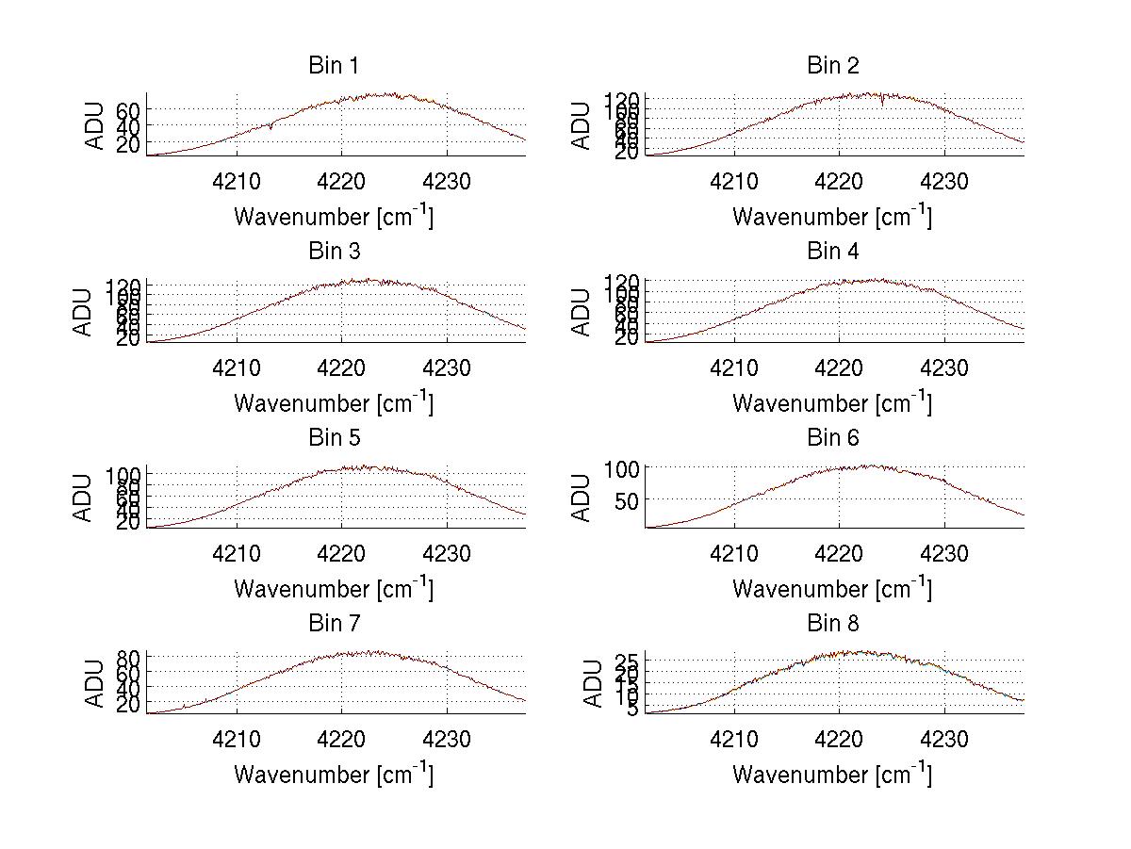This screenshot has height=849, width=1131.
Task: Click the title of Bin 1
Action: [333, 66]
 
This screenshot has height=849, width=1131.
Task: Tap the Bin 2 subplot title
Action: [832, 66]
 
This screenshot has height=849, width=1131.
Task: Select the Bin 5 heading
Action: [333, 438]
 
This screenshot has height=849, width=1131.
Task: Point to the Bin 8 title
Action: [832, 624]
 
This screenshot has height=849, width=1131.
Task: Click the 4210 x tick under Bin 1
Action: [236, 182]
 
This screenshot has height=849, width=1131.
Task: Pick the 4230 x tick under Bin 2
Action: [944, 182]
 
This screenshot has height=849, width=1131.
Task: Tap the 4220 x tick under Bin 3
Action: [341, 367]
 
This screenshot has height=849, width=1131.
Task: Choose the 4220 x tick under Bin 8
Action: [839, 740]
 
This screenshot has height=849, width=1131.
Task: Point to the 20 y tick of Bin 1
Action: [128, 143]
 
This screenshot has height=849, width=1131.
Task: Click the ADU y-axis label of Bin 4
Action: [582, 313]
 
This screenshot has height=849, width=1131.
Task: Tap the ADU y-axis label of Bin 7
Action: [95, 684]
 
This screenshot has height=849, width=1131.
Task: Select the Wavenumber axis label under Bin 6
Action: [831, 589]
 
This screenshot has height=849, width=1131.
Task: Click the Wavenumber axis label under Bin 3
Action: [333, 403]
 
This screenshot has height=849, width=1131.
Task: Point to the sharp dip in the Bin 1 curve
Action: [270, 127]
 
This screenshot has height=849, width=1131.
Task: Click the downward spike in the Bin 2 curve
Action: [882, 102]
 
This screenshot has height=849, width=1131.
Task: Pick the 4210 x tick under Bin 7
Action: [236, 740]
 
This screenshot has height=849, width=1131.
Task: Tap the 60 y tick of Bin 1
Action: [128, 109]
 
